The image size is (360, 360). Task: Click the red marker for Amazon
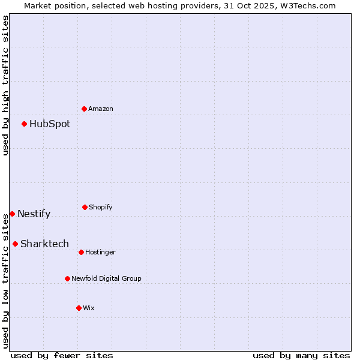pos(85,109)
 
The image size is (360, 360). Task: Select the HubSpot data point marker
pos(25,124)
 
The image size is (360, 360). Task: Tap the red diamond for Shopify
pos(85,207)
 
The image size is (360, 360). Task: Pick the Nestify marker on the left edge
pos(12,214)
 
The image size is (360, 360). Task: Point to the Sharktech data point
pos(15,244)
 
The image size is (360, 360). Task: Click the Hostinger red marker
pos(81,252)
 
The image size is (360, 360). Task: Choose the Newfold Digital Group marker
pos(67,278)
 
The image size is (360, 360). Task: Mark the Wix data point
pos(79,308)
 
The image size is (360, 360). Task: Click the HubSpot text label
pos(50,124)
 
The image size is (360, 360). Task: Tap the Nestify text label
pos(34,214)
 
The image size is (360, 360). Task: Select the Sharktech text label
pos(44,244)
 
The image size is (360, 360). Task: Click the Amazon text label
pos(101,109)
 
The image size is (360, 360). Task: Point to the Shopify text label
pos(100,208)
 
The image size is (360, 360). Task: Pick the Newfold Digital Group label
pos(106,279)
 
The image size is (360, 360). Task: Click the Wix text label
pos(89,308)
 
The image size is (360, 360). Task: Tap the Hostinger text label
pos(100,253)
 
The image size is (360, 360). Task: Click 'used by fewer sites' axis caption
pos(62,356)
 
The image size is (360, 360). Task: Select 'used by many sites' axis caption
pos(301,356)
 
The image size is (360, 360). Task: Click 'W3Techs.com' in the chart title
pos(310,5)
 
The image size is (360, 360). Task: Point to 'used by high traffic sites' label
pos(5,86)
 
